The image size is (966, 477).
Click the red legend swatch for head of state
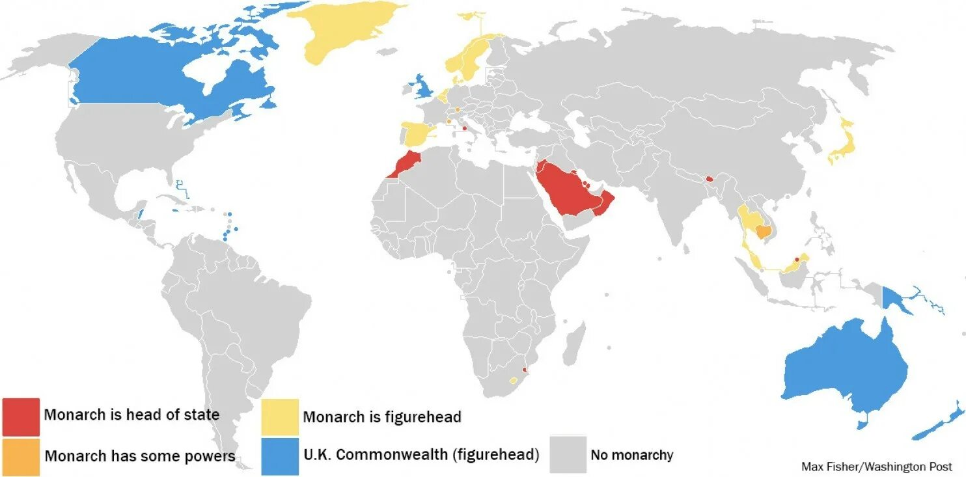[x=21, y=416]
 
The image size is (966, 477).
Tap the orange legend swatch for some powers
[x=21, y=456]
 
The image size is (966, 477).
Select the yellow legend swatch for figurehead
[x=280, y=417]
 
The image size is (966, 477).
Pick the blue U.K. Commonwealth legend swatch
[x=280, y=456]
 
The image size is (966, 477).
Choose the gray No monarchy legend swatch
[x=568, y=454]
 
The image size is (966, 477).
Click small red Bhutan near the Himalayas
[x=710, y=178]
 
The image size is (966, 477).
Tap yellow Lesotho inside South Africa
[x=514, y=380]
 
